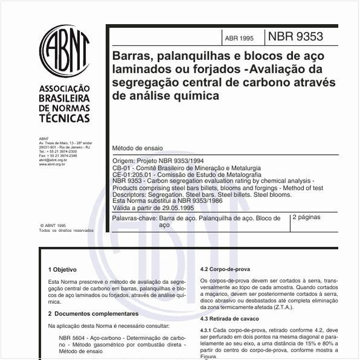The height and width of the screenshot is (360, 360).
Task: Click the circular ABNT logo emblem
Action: pos(64,50)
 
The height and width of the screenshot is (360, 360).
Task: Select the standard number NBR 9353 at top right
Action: pos(300,36)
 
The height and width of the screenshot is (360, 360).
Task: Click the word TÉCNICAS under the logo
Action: pos(64,119)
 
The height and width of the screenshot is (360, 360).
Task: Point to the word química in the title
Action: pos(195,96)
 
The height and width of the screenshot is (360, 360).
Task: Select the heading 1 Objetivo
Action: pos(63,269)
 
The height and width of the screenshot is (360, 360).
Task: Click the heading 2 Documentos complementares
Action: pos(93,314)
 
